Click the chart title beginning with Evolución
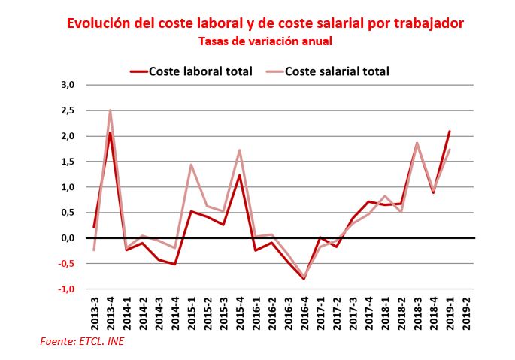[x=265, y=23]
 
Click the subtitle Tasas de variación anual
[x=265, y=41]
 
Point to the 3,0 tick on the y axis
[x=68, y=85]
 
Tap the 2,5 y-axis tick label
[x=68, y=110]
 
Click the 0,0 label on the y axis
[x=68, y=237]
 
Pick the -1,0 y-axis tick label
[x=67, y=289]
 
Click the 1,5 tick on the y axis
[x=68, y=162]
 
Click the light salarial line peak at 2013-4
[x=110, y=110]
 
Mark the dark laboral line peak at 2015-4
[x=239, y=175]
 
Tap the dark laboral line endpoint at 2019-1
[x=450, y=132]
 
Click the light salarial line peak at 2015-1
[x=191, y=165]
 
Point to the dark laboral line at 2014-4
[x=174, y=264]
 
